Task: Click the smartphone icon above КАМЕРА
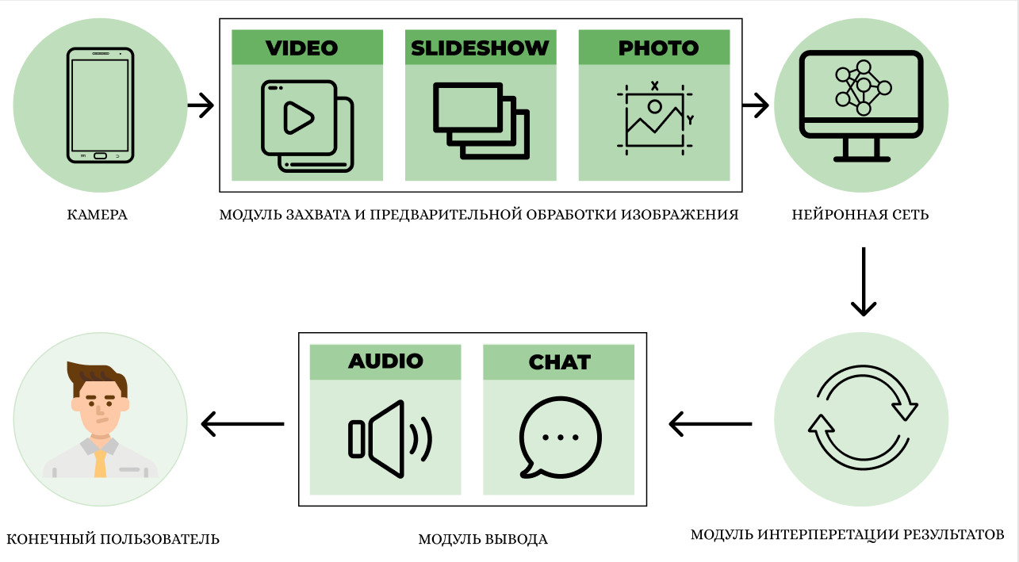[x=100, y=105]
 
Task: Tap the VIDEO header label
[x=302, y=48]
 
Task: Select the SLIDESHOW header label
[x=480, y=48]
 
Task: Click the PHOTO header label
[x=658, y=48]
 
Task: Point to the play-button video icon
[x=306, y=125]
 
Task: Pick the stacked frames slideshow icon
[x=481, y=120]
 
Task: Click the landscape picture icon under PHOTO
[x=655, y=118]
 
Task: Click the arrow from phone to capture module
[x=201, y=105]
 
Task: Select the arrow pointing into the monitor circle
[x=756, y=105]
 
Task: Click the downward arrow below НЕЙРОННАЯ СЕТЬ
[x=863, y=281]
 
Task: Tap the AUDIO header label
[x=385, y=361]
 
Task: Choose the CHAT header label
[x=559, y=362]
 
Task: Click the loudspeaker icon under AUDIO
[x=389, y=439]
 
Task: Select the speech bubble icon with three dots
[x=560, y=438]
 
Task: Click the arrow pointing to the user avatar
[x=243, y=423]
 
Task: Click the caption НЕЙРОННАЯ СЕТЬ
[x=860, y=215]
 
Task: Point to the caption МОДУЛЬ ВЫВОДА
[x=483, y=540]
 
